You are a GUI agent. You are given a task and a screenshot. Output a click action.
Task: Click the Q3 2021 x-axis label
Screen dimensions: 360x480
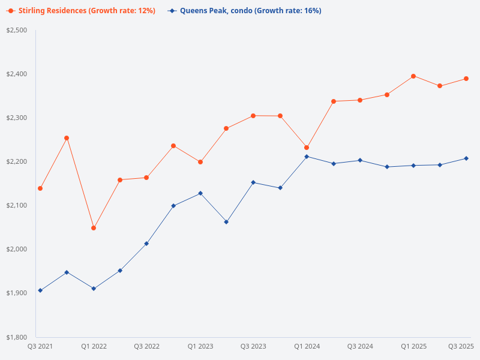(x=40, y=346)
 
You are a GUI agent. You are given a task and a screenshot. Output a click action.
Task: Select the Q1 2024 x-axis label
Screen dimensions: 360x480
(x=307, y=346)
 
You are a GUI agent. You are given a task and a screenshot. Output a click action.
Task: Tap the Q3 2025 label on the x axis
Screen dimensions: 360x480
(x=461, y=346)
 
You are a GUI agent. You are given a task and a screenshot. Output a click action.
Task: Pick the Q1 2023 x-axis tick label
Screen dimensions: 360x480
(x=200, y=346)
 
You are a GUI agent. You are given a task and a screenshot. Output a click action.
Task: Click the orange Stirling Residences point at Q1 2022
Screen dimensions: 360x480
(x=94, y=228)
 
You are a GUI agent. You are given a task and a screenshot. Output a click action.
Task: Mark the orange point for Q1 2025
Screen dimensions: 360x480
(x=413, y=76)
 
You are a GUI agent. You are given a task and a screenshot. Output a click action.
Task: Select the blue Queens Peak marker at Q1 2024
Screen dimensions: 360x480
(x=307, y=157)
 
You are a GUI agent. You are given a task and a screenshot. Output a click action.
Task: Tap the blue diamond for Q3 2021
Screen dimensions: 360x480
(x=40, y=290)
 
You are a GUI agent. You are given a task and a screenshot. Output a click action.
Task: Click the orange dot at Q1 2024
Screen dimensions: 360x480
(x=307, y=148)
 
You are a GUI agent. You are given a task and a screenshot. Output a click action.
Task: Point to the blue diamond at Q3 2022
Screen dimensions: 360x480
(x=146, y=244)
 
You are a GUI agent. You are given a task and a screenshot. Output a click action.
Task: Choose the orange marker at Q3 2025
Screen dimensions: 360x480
(x=466, y=79)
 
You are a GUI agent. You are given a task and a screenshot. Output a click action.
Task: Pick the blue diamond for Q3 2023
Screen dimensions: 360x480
(x=253, y=182)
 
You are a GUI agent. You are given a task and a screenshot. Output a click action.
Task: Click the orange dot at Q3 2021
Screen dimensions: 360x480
(x=40, y=188)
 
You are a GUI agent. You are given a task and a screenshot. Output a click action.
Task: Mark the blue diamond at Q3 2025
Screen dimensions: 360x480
(x=466, y=158)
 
